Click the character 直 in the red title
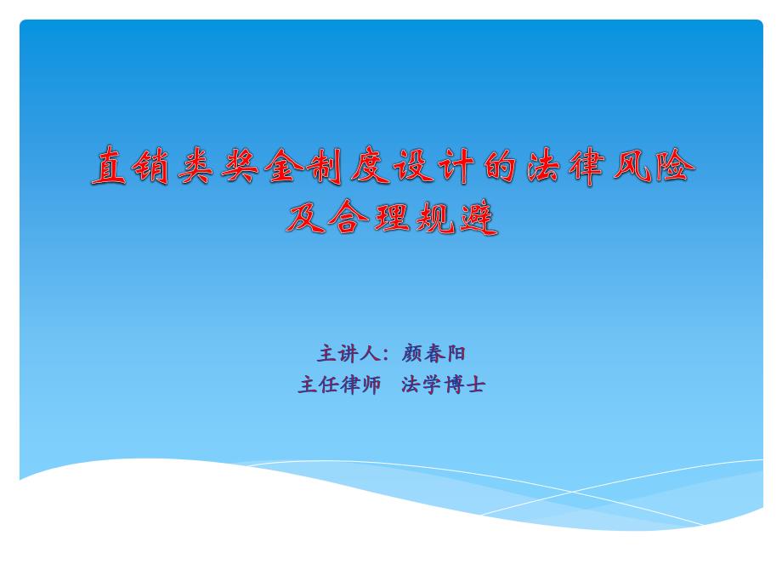click(x=109, y=166)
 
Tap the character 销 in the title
click(x=150, y=166)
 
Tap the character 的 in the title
click(x=500, y=166)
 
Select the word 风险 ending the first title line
click(x=654, y=166)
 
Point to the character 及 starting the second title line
click(x=305, y=218)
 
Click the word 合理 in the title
click(x=370, y=218)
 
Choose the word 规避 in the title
click(x=456, y=218)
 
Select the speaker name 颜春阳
click(x=433, y=353)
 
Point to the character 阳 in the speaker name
click(x=456, y=353)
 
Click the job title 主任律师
click(x=339, y=385)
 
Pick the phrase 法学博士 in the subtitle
click(x=443, y=385)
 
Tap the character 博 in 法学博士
click(x=454, y=385)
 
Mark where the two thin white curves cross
click(x=572, y=492)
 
